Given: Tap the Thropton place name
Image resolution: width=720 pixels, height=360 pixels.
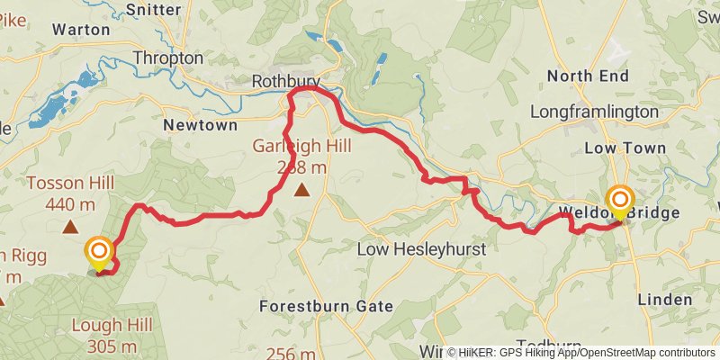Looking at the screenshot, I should [x=167, y=58].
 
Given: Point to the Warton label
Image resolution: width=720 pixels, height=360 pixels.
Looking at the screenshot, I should [x=81, y=29].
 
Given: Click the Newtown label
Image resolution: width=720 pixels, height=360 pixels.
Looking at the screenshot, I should [x=200, y=125].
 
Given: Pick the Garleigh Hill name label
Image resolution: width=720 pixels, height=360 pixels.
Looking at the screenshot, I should [x=301, y=146].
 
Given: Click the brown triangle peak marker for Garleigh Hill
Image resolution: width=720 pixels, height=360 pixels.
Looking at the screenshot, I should [x=301, y=189].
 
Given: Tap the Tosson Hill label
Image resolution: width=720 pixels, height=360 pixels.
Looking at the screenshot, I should [x=70, y=184].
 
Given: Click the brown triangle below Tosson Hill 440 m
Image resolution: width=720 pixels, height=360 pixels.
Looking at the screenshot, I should [x=70, y=228].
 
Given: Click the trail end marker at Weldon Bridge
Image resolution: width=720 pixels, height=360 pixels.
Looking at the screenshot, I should [x=621, y=201].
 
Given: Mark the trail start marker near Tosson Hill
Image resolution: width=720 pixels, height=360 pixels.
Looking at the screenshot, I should [x=98, y=252].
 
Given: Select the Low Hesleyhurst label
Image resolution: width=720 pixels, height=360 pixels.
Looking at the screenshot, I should [x=421, y=247].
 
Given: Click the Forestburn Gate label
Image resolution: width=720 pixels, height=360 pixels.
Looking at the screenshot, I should [x=326, y=306].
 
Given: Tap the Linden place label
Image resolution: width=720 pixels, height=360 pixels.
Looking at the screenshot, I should [x=664, y=299].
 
